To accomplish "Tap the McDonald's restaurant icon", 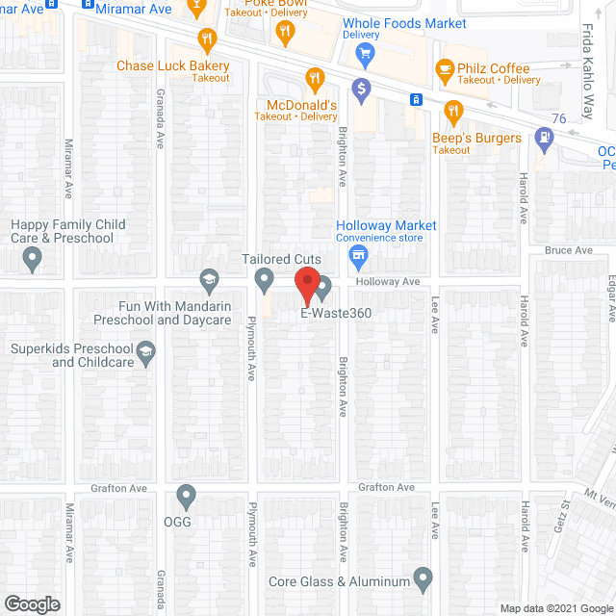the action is [x=314, y=78].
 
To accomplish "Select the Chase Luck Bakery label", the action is [x=173, y=66].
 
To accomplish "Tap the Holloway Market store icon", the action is [x=358, y=255].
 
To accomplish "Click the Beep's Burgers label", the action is [x=475, y=138].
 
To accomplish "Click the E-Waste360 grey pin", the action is [x=323, y=286].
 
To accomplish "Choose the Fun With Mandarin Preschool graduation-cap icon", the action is [x=208, y=280].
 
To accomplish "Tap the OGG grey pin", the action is [x=187, y=497].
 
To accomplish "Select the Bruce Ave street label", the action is [x=568, y=250].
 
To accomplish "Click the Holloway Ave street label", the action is [x=388, y=282].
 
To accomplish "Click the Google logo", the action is [x=31, y=603].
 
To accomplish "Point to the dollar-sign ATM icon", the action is [x=362, y=90].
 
